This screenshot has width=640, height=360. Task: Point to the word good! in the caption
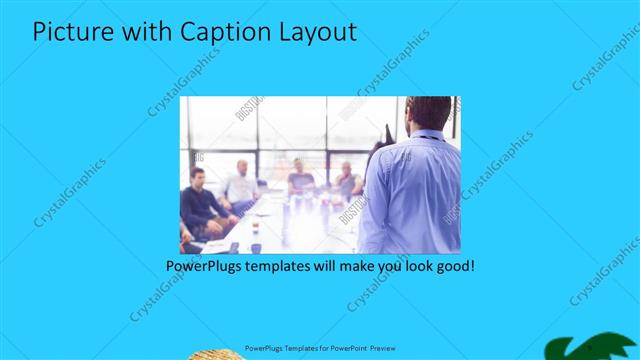click(x=455, y=267)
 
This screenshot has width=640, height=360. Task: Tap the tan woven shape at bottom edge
click(x=209, y=353)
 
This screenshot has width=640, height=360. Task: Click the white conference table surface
click(x=300, y=225)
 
